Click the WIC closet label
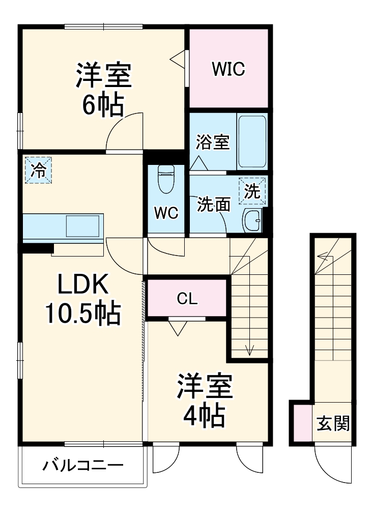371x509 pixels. coord(229,69)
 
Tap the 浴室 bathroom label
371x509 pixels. coord(213,143)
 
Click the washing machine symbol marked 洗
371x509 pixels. coord(253,192)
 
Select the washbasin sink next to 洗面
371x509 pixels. coord(252,220)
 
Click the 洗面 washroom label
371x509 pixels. coord(214,204)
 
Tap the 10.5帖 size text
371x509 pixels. coord(83,314)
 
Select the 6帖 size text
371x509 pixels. coord(104,105)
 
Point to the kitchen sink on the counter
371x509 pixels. coord(82,225)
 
